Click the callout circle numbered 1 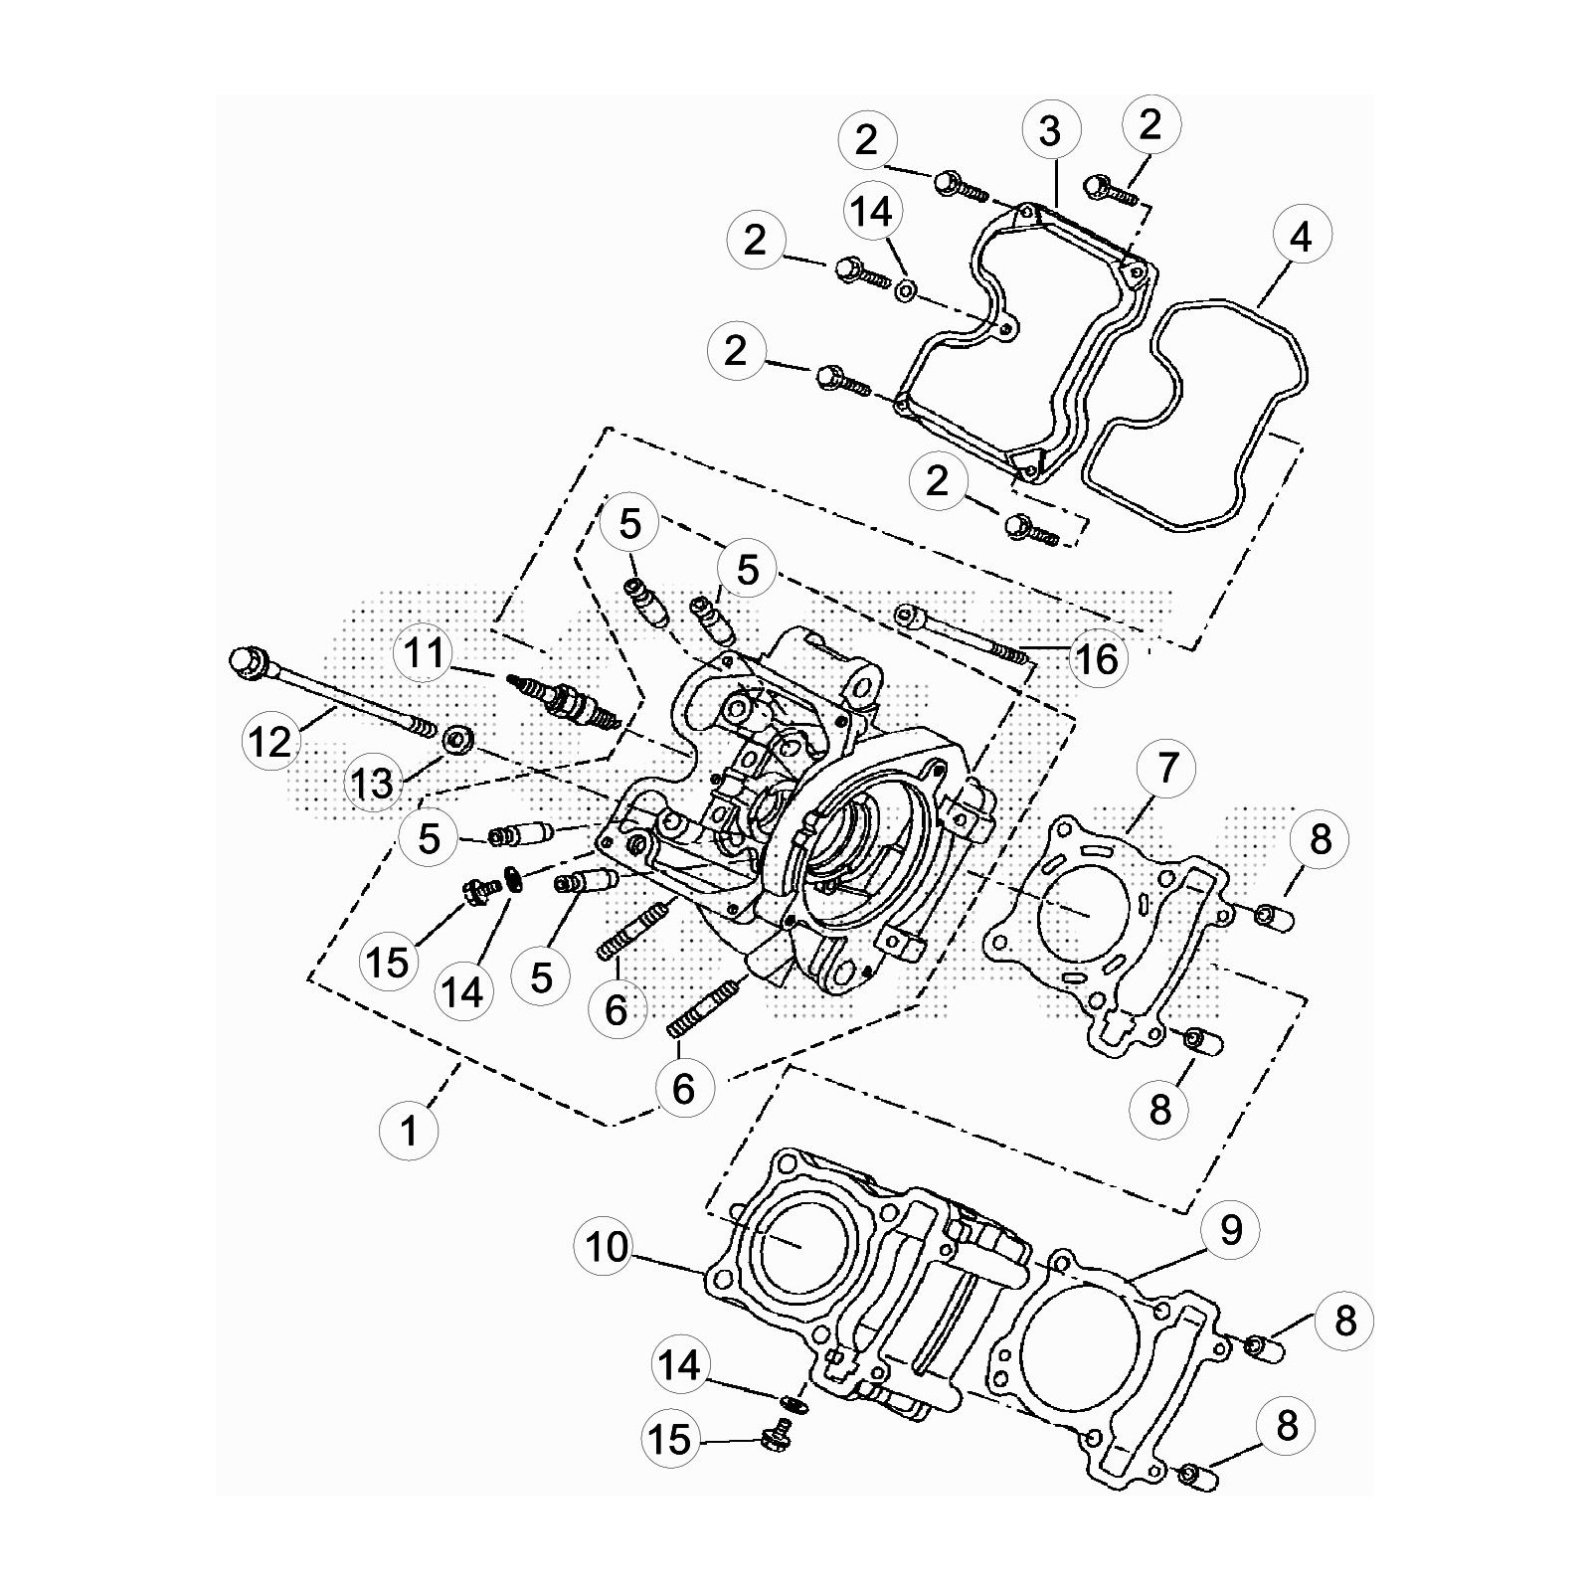coord(409,1131)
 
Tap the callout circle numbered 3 coord(1050,131)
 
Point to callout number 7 coord(1167,768)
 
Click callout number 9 coord(1231,1231)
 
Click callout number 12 coord(270,741)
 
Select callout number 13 coord(373,783)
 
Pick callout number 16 coord(1098,658)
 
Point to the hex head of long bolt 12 coord(247,662)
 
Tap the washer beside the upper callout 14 coord(906,291)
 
